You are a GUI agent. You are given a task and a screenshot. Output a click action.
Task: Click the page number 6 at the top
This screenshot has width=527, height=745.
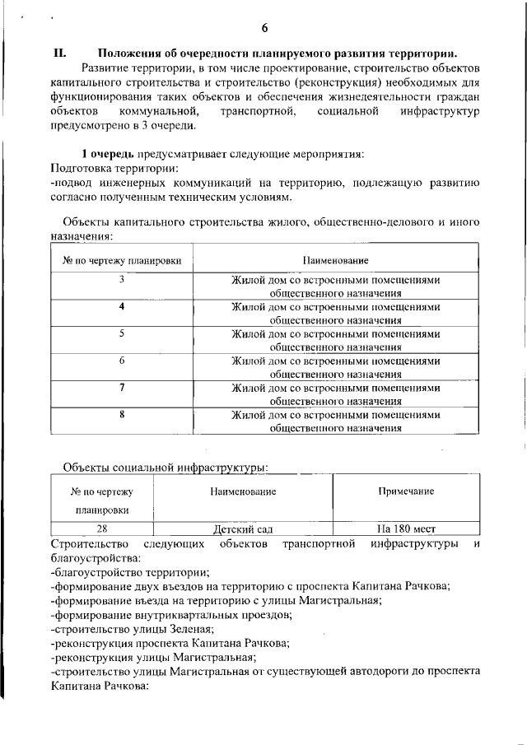pyautogui.click(x=264, y=29)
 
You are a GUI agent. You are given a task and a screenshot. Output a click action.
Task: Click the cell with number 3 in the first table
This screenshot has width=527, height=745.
pyautogui.click(x=122, y=280)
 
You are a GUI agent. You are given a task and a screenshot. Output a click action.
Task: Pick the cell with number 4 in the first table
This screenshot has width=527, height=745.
pyautogui.click(x=122, y=306)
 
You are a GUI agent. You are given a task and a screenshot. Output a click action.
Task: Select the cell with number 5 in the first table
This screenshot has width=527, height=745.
pyautogui.click(x=122, y=333)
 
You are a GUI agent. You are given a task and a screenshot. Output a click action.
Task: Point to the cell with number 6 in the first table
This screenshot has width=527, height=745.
pyautogui.click(x=122, y=361)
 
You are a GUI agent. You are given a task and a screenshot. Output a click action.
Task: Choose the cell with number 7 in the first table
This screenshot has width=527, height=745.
pyautogui.click(x=122, y=387)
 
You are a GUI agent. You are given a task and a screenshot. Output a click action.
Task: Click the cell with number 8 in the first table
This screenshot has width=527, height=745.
pyautogui.click(x=122, y=414)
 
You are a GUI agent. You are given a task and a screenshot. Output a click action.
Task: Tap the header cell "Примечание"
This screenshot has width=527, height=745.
pyautogui.click(x=406, y=491)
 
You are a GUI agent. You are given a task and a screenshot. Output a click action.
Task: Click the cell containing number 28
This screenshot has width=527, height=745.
pyautogui.click(x=103, y=529)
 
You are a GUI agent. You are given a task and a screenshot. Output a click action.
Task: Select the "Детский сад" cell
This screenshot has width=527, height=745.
pyautogui.click(x=243, y=529)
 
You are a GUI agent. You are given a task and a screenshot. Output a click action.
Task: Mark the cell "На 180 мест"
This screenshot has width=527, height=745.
pyautogui.click(x=406, y=529)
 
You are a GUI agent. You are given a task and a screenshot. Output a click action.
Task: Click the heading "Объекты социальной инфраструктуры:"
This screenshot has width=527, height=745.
pyautogui.click(x=166, y=468)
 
